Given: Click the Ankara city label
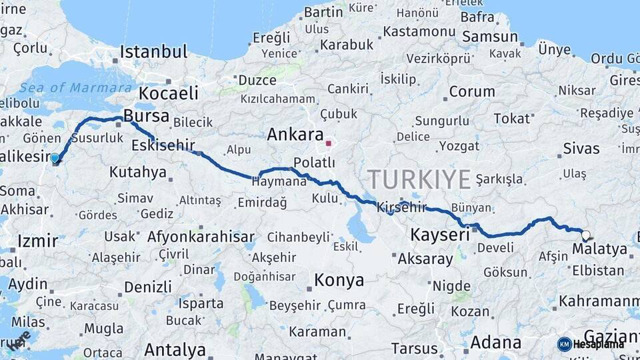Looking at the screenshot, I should pyautogui.click(x=295, y=135).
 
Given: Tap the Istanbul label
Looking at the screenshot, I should pyautogui.click(x=153, y=52).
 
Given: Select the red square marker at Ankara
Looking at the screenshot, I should pyautogui.click(x=328, y=142).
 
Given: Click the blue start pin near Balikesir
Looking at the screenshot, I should pyautogui.click(x=55, y=159).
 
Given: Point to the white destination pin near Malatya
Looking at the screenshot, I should pyautogui.click(x=585, y=235).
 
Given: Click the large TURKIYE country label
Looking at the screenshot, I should pyautogui.click(x=419, y=180).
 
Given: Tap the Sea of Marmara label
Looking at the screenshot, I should pyautogui.click(x=75, y=88).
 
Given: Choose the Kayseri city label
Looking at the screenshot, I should pyautogui.click(x=440, y=235).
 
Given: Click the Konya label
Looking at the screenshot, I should pyautogui.click(x=339, y=280).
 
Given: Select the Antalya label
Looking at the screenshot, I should pyautogui.click(x=175, y=349).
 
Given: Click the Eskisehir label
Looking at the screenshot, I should pyautogui.click(x=163, y=145).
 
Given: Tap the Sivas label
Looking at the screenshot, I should pyautogui.click(x=581, y=148).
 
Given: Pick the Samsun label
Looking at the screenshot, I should pyautogui.click(x=490, y=37).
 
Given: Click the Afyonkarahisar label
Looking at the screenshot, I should pyautogui.click(x=201, y=237).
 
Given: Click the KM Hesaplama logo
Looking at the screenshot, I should pyautogui.click(x=591, y=344).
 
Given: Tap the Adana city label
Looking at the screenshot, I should pyautogui.click(x=495, y=343).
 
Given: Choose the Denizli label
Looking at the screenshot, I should pyautogui.click(x=147, y=287).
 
